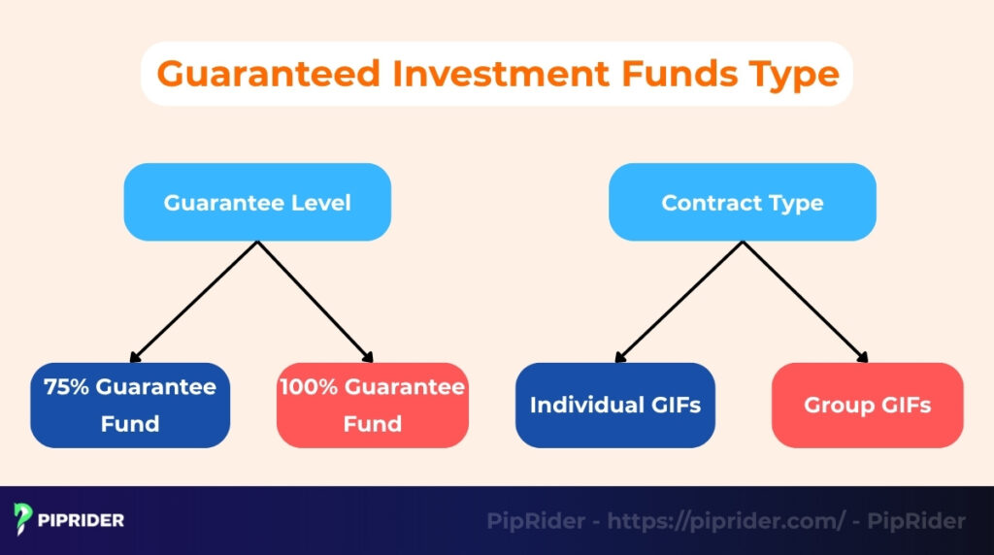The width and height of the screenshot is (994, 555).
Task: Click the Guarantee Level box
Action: point(257,203)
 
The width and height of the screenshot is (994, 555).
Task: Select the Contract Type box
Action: point(743,203)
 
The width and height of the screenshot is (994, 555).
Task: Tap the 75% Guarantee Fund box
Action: point(130,406)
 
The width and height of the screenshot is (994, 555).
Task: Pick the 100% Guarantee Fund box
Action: point(373,406)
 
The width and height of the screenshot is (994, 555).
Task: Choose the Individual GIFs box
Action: point(615,406)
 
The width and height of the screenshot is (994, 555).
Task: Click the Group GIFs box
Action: point(867,406)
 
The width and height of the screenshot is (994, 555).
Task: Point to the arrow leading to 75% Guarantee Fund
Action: point(194,302)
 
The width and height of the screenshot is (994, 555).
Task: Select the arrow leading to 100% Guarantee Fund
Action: point(316,302)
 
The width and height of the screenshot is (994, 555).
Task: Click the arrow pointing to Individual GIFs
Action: point(679,302)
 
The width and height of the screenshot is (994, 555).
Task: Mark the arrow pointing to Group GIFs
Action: point(806,302)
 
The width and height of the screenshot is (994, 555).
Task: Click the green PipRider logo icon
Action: point(24,520)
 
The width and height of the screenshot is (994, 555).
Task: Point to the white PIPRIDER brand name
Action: point(82,521)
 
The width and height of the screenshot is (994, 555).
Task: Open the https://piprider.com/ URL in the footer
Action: point(727,522)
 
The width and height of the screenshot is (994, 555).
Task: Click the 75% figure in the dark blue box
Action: point(65,387)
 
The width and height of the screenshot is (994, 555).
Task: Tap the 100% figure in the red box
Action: point(310,387)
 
